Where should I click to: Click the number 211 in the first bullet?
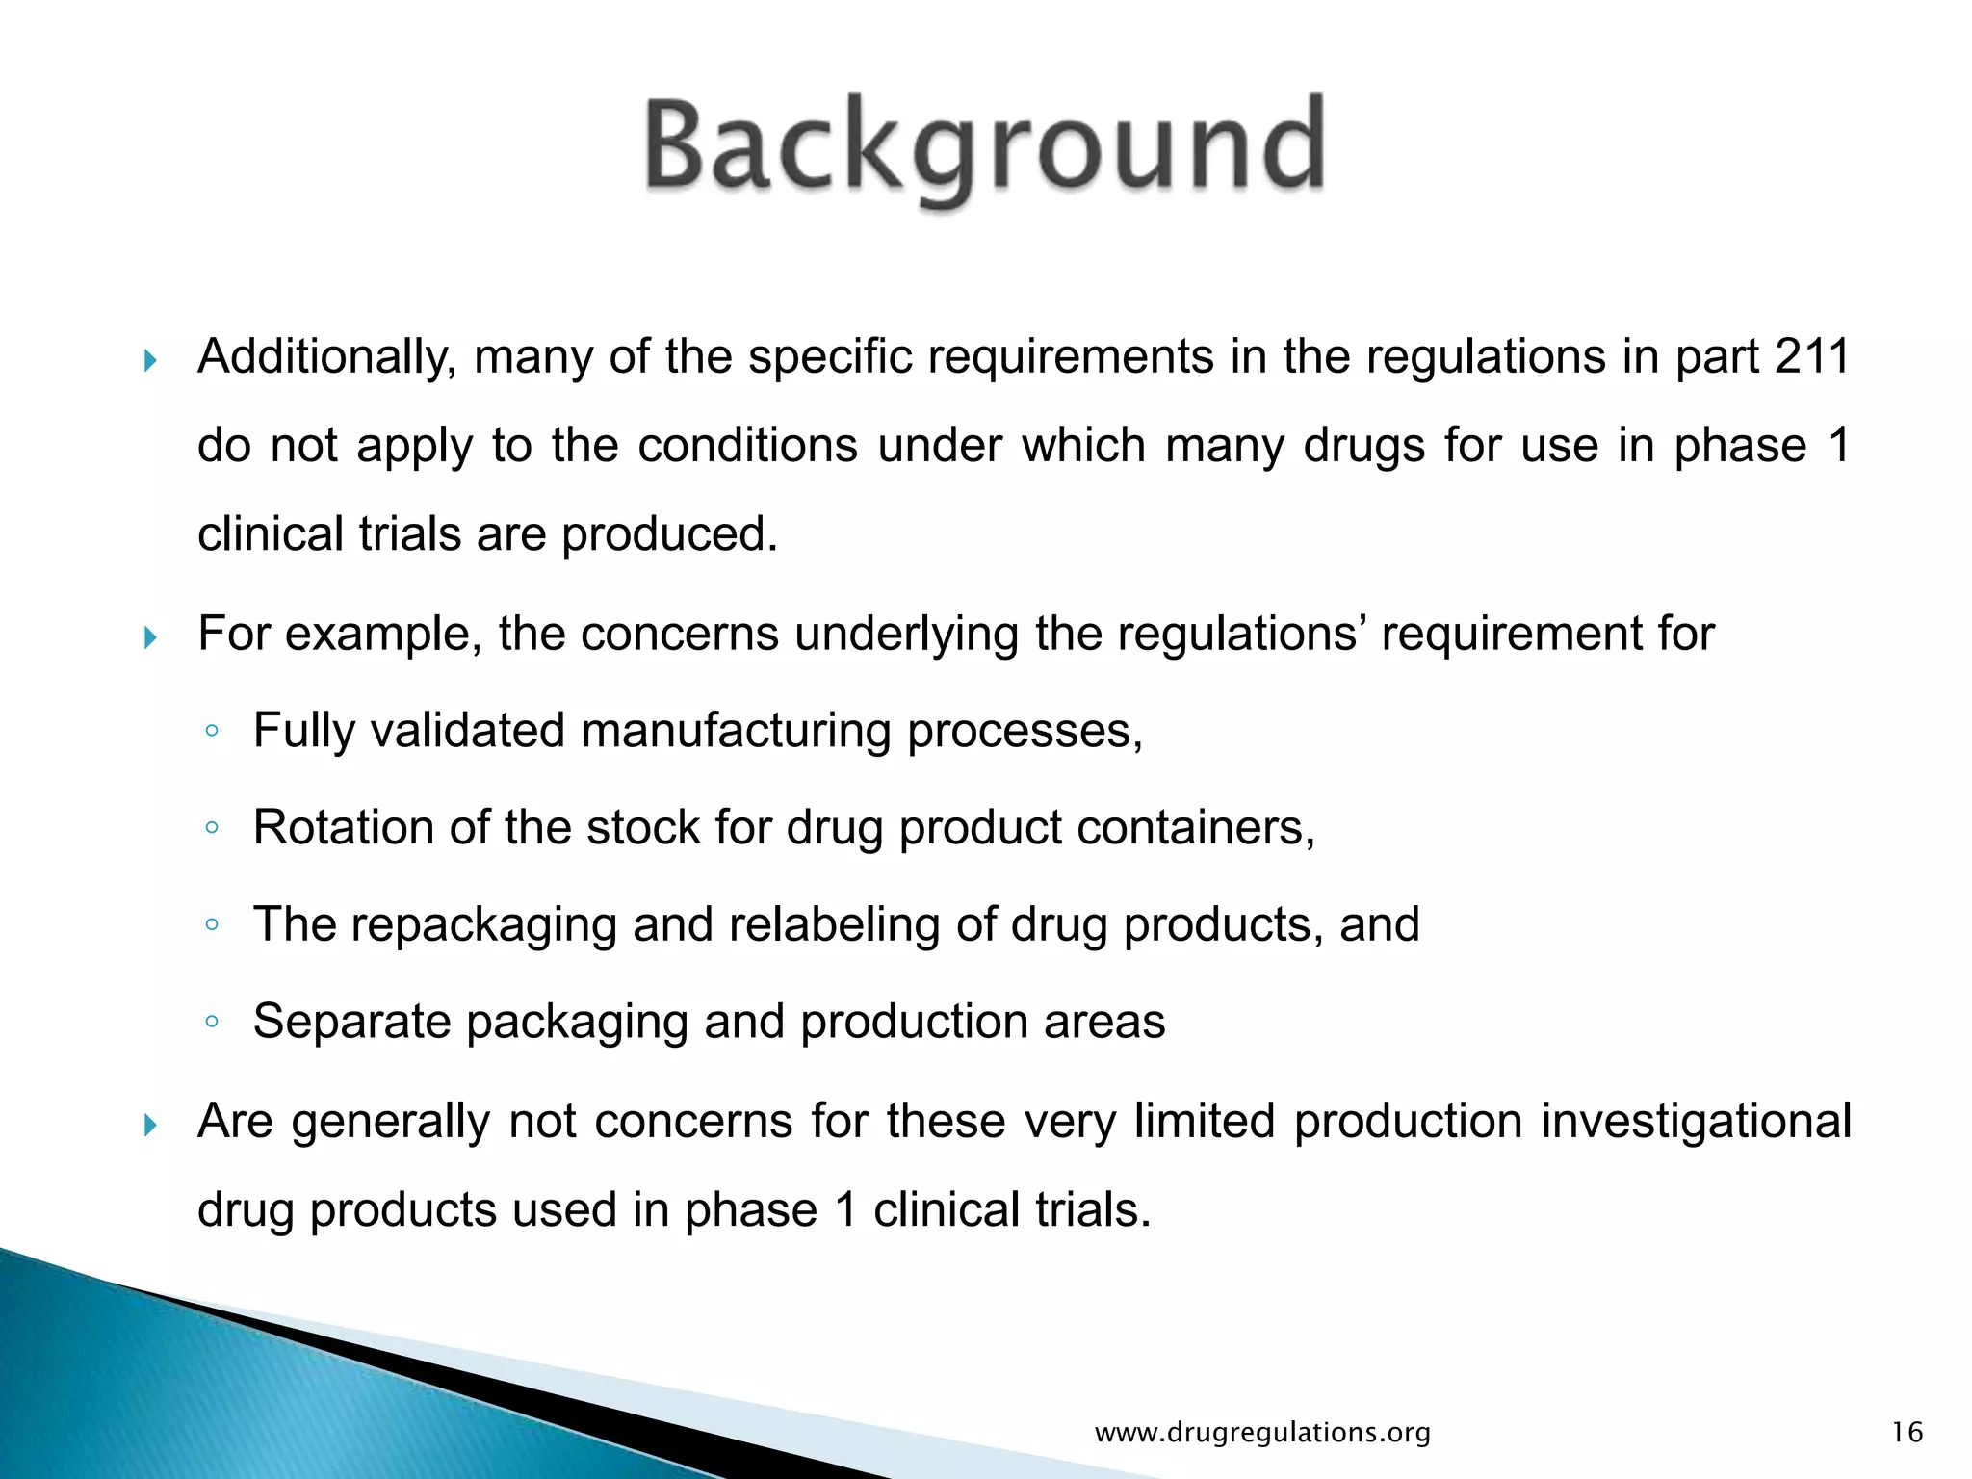[x=1812, y=357]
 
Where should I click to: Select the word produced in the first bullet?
[x=668, y=534]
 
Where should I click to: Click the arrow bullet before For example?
[x=150, y=637]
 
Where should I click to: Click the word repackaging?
[x=482, y=925]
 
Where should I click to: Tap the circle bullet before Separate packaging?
[x=212, y=1022]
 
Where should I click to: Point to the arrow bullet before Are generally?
[x=150, y=1124]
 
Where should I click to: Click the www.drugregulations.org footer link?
[x=1262, y=1433]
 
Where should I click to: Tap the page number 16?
[x=1907, y=1433]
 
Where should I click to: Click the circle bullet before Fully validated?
[x=212, y=732]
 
